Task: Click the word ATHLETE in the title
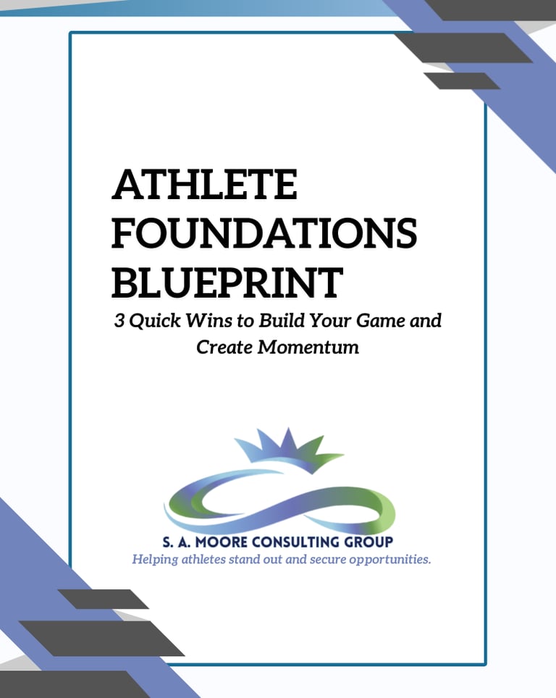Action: coord(204,185)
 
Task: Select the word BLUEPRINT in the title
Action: coord(227,282)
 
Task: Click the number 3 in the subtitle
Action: coord(119,321)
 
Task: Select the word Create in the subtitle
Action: coord(224,347)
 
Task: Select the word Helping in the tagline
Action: coord(156,560)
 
